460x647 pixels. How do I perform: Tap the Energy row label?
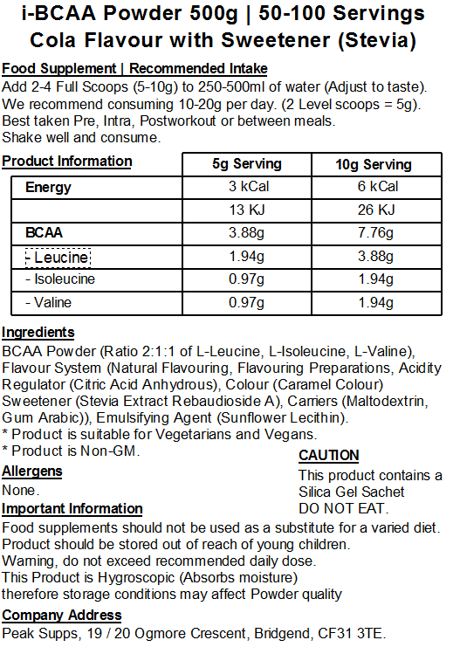48,187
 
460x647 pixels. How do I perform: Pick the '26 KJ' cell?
378,210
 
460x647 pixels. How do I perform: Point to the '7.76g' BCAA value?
378,233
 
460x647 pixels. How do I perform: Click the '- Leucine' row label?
58,257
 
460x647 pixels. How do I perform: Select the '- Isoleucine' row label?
60,279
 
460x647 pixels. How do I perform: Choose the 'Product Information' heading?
67,161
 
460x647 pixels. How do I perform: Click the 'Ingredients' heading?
38,332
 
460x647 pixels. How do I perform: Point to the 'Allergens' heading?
32,471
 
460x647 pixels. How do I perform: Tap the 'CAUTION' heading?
329,455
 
